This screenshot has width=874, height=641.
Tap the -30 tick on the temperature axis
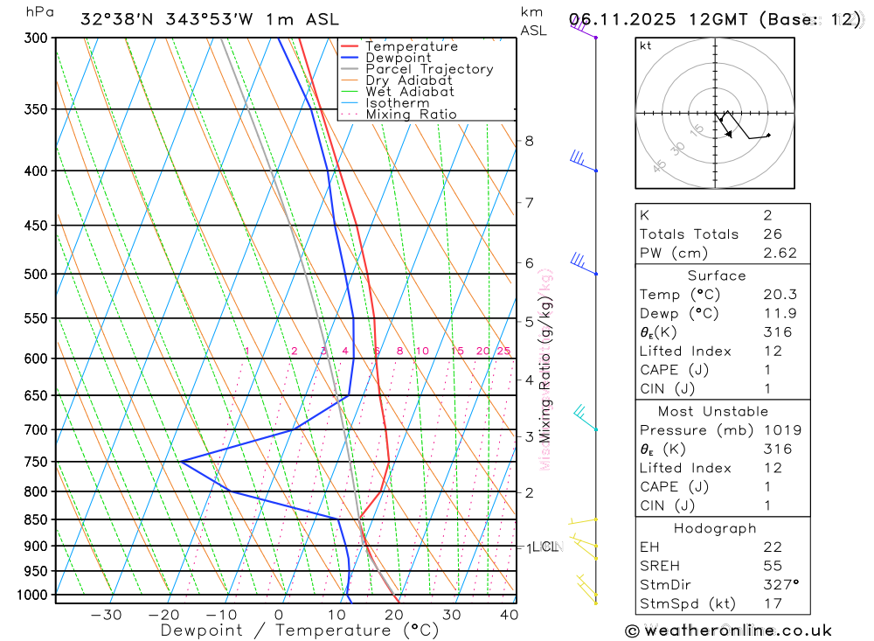pos(106,615)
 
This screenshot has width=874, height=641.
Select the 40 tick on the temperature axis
pos(508,615)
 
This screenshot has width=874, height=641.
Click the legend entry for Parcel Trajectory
pos(429,69)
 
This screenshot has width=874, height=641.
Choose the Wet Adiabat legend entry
pos(410,92)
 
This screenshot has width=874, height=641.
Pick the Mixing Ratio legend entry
pos(411,115)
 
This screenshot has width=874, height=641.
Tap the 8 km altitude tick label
pos(529,141)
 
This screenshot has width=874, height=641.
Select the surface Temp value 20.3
pos(779,295)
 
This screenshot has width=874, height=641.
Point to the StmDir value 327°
pos(780,585)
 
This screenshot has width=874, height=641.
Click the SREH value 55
pos(772,566)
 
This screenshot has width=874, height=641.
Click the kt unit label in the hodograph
pos(646,45)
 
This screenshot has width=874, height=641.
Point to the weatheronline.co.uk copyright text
pos(728,631)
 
